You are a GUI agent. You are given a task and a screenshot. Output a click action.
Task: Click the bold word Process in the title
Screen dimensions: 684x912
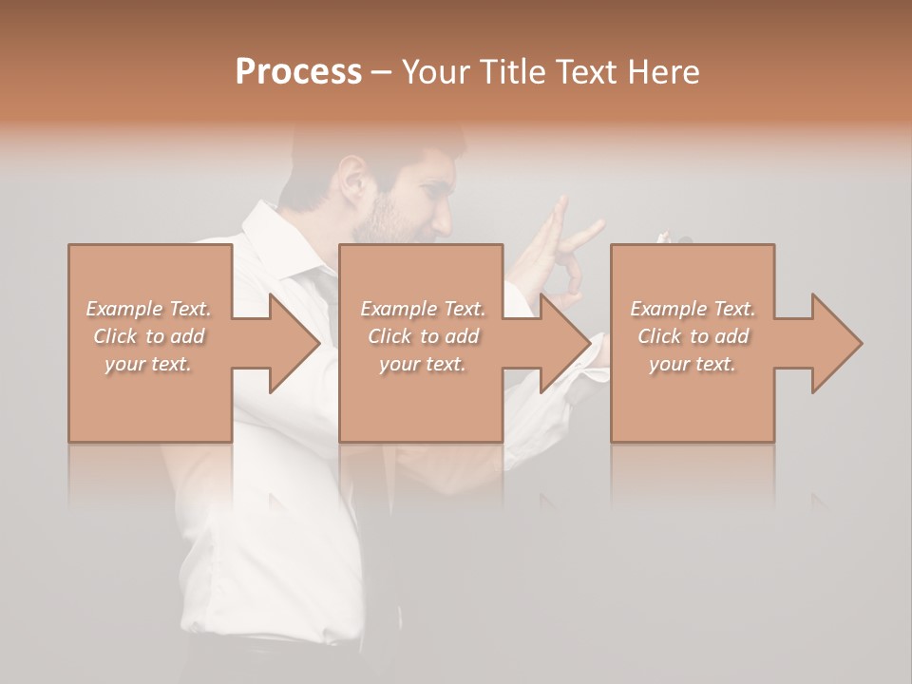click(x=298, y=72)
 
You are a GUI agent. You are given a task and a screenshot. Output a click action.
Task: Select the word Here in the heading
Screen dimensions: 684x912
click(x=664, y=72)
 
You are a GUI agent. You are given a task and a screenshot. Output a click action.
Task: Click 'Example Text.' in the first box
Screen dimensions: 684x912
click(x=149, y=309)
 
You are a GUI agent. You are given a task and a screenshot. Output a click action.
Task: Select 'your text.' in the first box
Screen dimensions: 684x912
click(x=149, y=364)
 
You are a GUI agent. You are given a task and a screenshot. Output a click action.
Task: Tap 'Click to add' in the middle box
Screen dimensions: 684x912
click(x=423, y=336)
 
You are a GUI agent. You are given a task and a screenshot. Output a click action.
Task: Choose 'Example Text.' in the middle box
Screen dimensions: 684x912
click(x=423, y=309)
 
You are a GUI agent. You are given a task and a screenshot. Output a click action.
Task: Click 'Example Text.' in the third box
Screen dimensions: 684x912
click(x=693, y=309)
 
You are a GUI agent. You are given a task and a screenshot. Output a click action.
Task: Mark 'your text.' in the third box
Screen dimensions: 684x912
click(x=693, y=364)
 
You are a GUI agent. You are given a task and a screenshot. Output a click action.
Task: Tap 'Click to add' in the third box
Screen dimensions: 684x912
click(x=693, y=336)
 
